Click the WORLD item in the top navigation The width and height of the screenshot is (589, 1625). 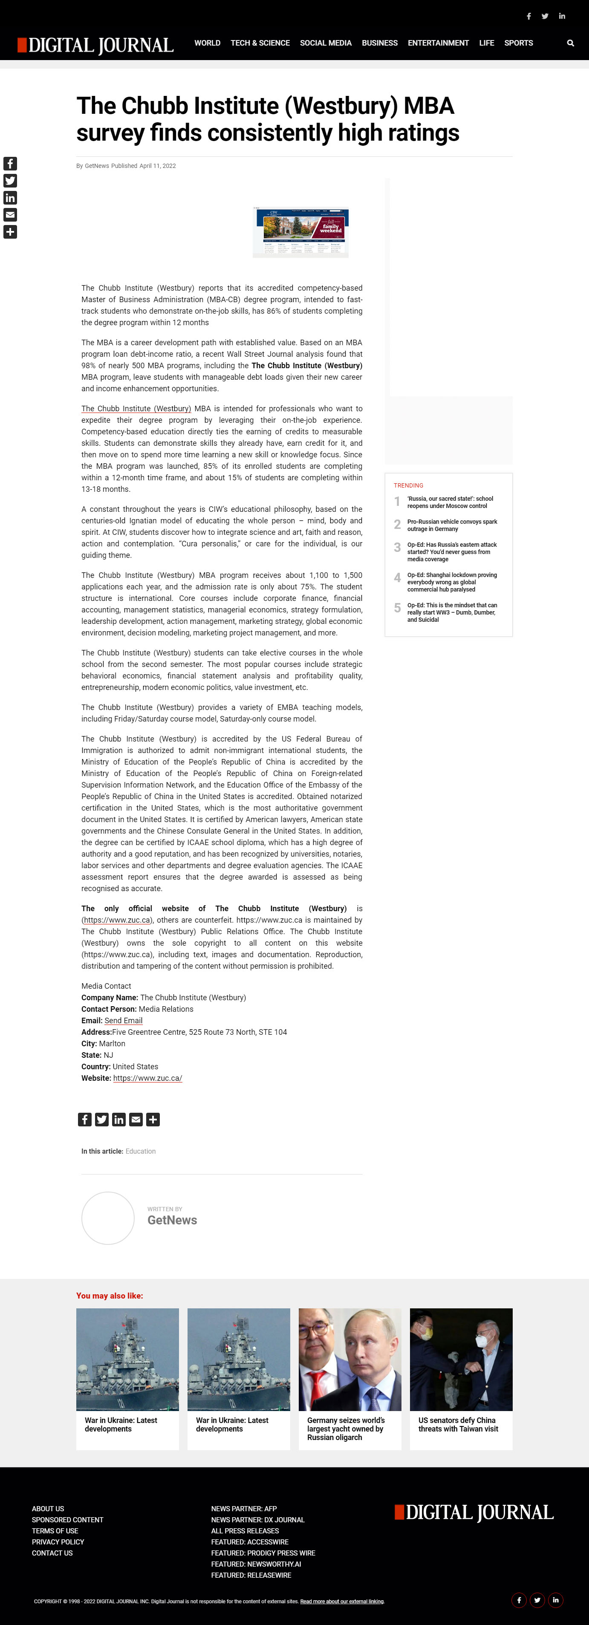[207, 43]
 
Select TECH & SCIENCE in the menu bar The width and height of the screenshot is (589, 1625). [260, 43]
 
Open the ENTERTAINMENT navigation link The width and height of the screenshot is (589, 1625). [438, 43]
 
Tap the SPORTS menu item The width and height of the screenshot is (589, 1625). [518, 43]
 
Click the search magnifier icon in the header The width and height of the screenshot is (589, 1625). [570, 43]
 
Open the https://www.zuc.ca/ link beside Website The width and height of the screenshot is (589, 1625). [147, 1078]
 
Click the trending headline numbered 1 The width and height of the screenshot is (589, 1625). [450, 502]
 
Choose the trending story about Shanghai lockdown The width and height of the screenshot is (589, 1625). [451, 582]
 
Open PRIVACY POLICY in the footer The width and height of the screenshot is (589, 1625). [58, 1542]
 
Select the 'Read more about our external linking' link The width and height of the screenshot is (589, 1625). [342, 1601]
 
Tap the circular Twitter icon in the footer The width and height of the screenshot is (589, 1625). [537, 1600]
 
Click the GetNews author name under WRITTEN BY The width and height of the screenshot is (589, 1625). [172, 1220]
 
